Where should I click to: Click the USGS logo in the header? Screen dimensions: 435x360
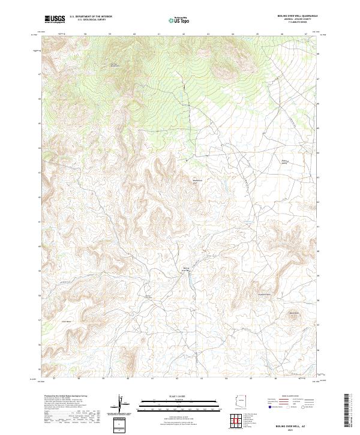tap(55, 19)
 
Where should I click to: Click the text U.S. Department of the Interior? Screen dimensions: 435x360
tap(91, 17)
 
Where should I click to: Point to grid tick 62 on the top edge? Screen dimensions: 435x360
tap(183, 34)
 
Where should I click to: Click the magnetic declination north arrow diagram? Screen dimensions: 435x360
tap(122, 404)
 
